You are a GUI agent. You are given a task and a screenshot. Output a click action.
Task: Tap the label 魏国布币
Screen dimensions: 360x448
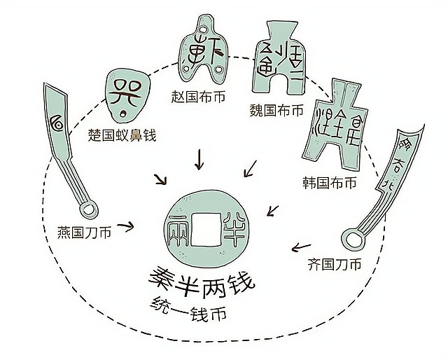(x=276, y=111)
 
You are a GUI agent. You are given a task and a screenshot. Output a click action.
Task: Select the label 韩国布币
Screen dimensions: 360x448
(x=330, y=184)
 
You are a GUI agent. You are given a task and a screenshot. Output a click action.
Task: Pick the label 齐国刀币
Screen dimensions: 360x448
(x=335, y=265)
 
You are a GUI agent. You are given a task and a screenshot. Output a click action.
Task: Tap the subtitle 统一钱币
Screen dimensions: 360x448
(x=188, y=306)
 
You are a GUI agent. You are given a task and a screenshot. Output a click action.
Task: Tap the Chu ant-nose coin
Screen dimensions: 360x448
(x=123, y=95)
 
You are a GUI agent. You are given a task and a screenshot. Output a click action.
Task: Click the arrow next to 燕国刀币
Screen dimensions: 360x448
(x=126, y=226)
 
